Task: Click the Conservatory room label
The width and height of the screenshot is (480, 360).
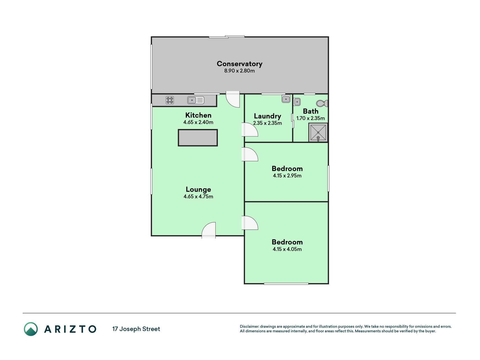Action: (240, 64)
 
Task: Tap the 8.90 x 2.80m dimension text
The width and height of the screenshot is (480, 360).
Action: (240, 71)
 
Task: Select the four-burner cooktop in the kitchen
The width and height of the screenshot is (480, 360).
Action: (170, 100)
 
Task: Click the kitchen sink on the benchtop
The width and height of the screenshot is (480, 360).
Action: (196, 100)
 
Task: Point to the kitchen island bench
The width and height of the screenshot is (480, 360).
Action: (198, 138)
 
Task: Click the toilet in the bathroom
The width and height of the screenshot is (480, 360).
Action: (322, 103)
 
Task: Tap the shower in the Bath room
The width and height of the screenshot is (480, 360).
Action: (318, 132)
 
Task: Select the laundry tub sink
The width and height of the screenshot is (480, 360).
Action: (286, 99)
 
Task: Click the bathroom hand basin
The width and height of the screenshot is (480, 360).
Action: (297, 102)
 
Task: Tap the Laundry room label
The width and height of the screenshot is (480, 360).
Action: (267, 116)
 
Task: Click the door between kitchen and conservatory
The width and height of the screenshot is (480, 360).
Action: (233, 99)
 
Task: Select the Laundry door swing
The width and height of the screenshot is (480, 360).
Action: (250, 130)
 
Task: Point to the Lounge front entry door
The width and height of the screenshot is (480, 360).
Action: (209, 230)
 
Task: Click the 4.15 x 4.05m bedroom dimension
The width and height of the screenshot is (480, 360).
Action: (287, 249)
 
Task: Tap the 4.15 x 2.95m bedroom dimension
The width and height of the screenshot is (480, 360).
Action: (287, 176)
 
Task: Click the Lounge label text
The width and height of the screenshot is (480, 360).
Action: (198, 190)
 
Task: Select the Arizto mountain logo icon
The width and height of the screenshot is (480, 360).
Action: (31, 329)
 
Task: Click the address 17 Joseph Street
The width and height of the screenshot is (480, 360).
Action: (136, 329)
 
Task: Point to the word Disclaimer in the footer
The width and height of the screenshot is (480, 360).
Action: (249, 327)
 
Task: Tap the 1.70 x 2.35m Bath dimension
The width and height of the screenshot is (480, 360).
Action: (310, 118)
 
